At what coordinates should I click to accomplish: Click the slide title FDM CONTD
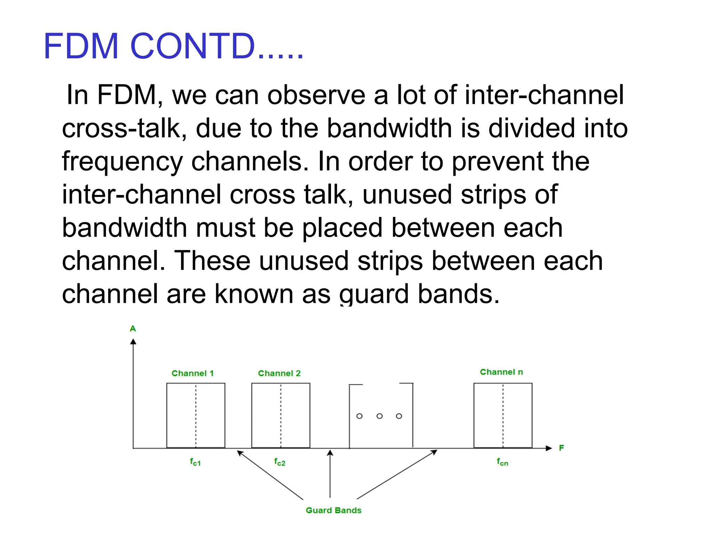[x=173, y=46]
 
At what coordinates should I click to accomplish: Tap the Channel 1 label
[x=192, y=373]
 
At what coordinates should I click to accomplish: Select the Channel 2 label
[x=279, y=373]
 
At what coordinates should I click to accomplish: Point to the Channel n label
[x=501, y=372]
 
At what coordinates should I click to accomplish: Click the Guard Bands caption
[x=333, y=510]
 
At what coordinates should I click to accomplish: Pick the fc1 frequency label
[x=195, y=462]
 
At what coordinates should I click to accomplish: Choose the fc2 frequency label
[x=280, y=462]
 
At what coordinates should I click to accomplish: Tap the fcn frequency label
[x=502, y=462]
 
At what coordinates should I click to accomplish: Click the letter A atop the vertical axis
[x=133, y=329]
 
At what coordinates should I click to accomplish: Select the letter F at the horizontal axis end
[x=561, y=448]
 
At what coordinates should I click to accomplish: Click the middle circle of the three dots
[x=380, y=416]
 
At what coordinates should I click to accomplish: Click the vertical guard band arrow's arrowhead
[x=330, y=453]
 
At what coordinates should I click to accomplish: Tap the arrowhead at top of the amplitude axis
[x=133, y=342]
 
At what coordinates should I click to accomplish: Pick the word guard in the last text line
[x=374, y=294]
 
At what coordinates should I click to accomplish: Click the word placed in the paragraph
[x=342, y=228]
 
